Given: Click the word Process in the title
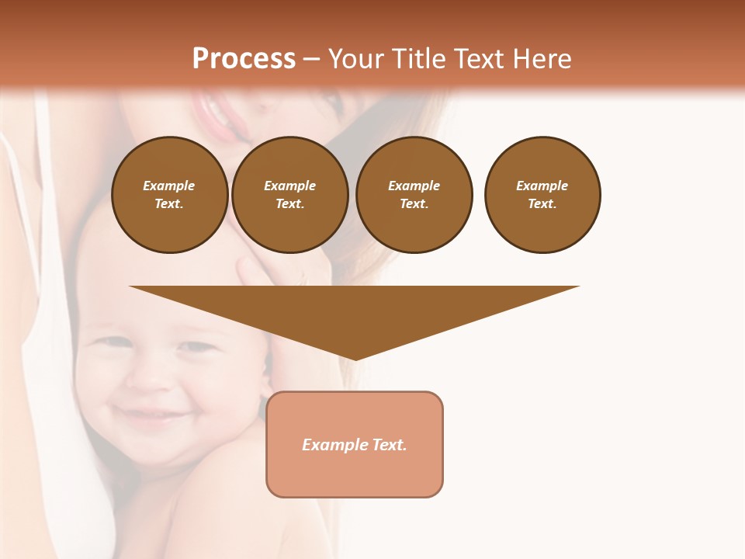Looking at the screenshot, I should point(244,59).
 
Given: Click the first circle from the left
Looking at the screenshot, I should point(170,195).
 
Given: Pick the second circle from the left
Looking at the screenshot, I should point(290,195).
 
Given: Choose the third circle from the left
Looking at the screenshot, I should point(414,195).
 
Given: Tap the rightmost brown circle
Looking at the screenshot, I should point(542,195).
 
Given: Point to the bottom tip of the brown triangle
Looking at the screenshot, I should point(355,359).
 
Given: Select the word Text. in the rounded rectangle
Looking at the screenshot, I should point(389,445).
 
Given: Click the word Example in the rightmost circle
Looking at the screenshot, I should point(542,186).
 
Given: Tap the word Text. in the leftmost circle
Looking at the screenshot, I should point(169,204).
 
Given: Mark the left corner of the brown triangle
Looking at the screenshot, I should point(130,286).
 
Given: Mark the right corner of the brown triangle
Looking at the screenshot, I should point(578,286).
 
